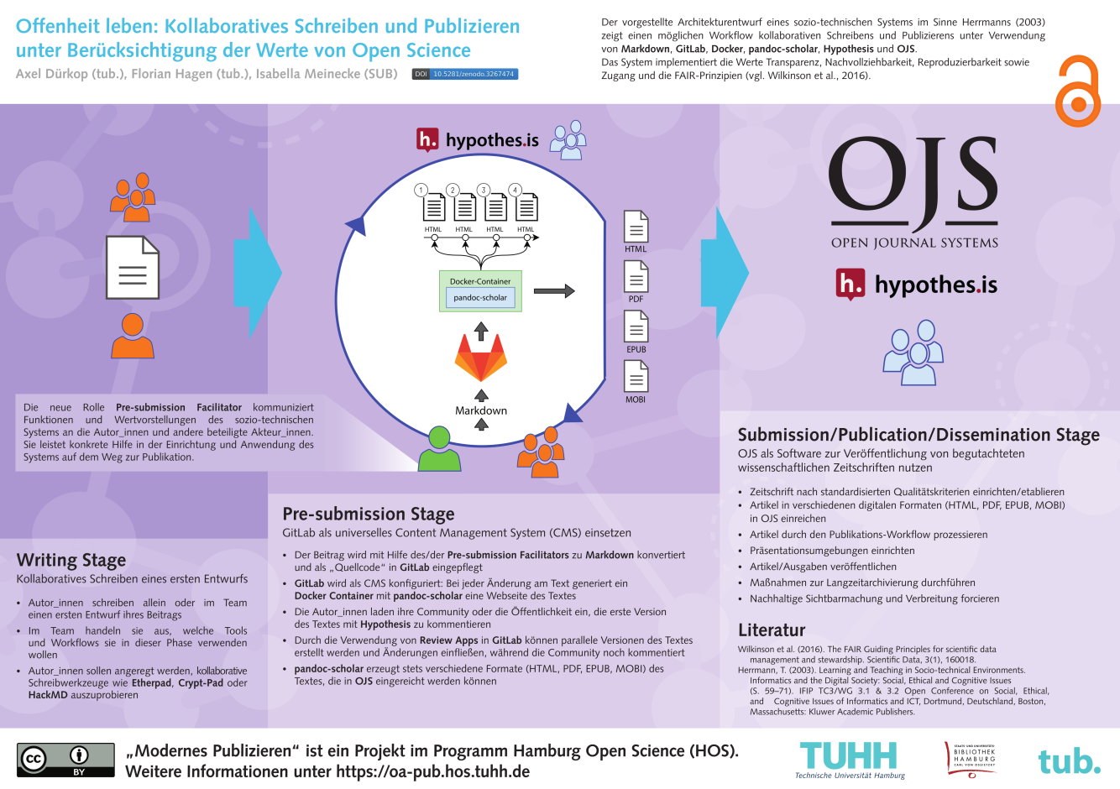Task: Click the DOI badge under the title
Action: tap(465, 74)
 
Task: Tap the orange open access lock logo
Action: tap(1078, 91)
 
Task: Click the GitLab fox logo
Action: tap(481, 358)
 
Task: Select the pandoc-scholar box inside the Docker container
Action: tap(480, 297)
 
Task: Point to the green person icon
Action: tap(439, 448)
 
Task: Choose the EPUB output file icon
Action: tap(636, 327)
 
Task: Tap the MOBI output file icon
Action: tap(636, 377)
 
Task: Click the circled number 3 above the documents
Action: tap(484, 190)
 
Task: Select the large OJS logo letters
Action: tap(913, 182)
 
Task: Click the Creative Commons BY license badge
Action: tap(65, 760)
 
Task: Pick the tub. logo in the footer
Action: tap(1070, 761)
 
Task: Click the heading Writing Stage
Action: tap(71, 561)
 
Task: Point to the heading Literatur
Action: tap(772, 630)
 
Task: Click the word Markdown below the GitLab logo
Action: tap(481, 410)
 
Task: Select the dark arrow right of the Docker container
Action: tap(554, 290)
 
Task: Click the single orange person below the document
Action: tap(133, 336)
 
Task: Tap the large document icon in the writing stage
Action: tap(133, 268)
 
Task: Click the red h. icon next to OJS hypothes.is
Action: tap(850, 284)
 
